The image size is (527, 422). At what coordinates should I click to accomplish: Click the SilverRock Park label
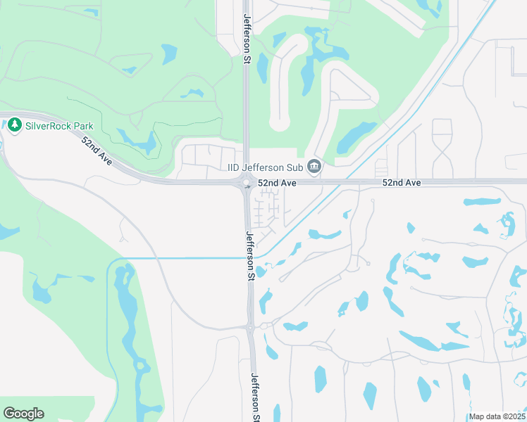59,126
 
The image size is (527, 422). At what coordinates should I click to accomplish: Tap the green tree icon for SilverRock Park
14,126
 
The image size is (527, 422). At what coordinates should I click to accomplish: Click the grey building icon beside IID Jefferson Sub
315,167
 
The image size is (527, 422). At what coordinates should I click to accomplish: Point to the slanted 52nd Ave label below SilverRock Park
97,151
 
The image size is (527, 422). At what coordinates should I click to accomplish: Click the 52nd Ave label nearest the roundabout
276,182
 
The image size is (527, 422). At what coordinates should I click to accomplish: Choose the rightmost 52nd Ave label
402,182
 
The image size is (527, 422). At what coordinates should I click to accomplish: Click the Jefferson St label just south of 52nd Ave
249,256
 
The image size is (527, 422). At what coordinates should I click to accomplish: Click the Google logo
23,414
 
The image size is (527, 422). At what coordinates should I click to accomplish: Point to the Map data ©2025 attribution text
497,416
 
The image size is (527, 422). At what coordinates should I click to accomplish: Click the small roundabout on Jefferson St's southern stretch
250,326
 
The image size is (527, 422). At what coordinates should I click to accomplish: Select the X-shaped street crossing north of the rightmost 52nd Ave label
442,150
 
